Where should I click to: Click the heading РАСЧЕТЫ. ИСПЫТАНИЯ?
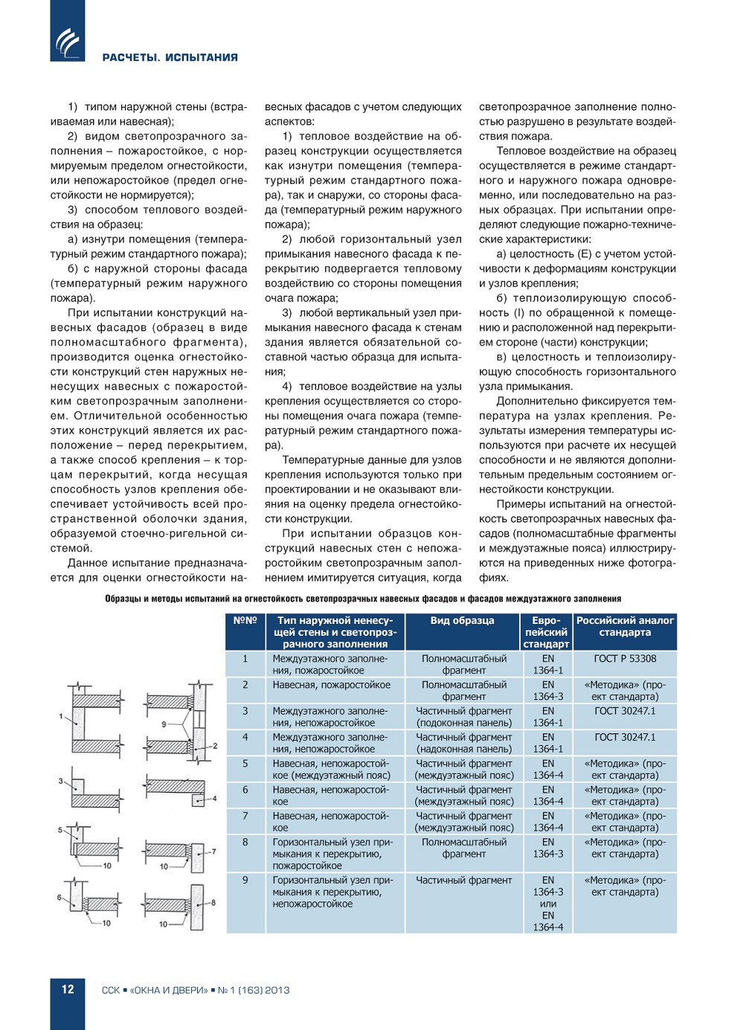pyautogui.click(x=170, y=57)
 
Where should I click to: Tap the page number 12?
pyautogui.click(x=68, y=989)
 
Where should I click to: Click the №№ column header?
pyautogui.click(x=245, y=620)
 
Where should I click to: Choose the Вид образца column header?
pyautogui.click(x=462, y=620)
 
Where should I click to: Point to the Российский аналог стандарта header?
pyautogui.click(x=625, y=626)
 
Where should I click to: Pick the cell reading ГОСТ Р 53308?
pyautogui.click(x=625, y=658)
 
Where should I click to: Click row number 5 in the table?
pyautogui.click(x=245, y=763)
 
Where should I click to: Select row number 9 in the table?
pyautogui.click(x=245, y=880)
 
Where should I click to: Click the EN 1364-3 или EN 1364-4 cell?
pyautogui.click(x=548, y=904)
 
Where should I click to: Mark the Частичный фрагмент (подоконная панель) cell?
pyautogui.click(x=464, y=717)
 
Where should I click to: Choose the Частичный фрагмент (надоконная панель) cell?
pyautogui.click(x=464, y=743)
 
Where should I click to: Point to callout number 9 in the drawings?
pyautogui.click(x=164, y=724)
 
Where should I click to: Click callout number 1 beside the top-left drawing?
pyautogui.click(x=61, y=716)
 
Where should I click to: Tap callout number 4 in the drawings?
pyautogui.click(x=215, y=798)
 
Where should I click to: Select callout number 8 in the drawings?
pyautogui.click(x=213, y=902)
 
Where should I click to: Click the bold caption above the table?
pyautogui.click(x=363, y=599)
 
